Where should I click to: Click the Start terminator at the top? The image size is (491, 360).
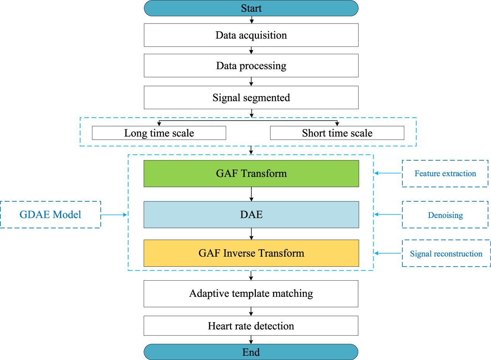(x=251, y=8)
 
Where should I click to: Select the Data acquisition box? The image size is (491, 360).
(x=251, y=35)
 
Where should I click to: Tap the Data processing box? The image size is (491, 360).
(x=251, y=65)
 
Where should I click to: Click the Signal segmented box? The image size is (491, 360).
(x=251, y=98)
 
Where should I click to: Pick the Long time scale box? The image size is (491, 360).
(x=159, y=133)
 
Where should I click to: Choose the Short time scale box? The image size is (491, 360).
(x=337, y=133)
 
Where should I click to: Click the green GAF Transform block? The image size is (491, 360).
(x=251, y=173)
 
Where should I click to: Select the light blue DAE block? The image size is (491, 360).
(x=251, y=214)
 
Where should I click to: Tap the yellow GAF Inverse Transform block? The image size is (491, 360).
(x=251, y=253)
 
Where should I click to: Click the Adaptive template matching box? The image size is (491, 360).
(x=251, y=293)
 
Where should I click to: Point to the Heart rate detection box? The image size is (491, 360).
(x=251, y=326)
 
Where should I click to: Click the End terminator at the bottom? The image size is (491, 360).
(x=251, y=352)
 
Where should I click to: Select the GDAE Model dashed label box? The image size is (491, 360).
(x=50, y=214)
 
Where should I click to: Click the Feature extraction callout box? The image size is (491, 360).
(x=445, y=173)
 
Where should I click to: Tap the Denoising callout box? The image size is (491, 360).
(x=445, y=215)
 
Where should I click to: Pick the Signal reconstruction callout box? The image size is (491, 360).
(x=446, y=254)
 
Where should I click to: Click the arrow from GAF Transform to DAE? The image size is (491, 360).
(x=251, y=194)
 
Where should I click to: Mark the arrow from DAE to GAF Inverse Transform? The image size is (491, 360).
(x=251, y=234)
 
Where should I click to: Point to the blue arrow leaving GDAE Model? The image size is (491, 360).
(x=114, y=214)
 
